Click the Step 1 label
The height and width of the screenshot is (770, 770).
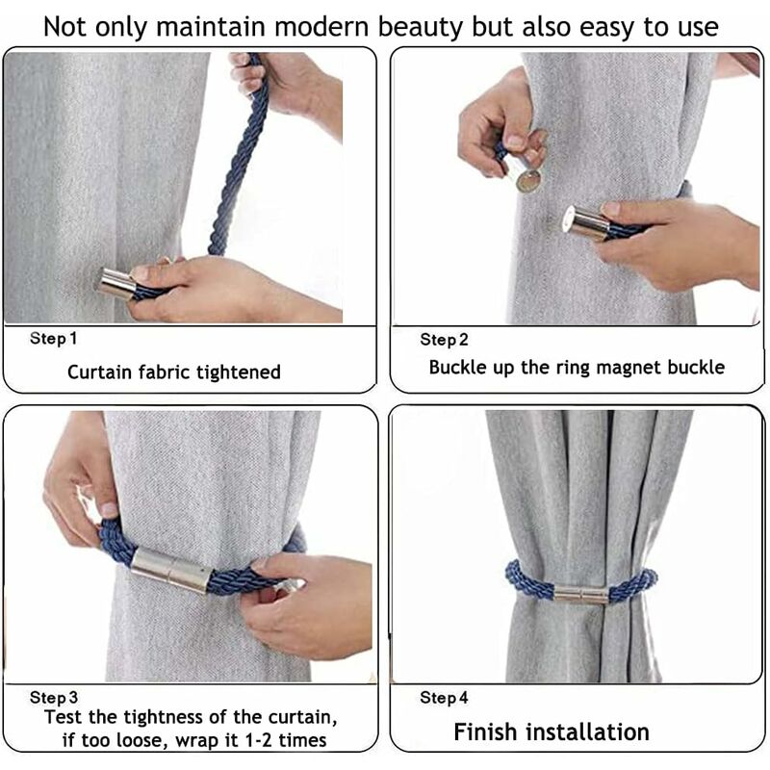pos(53,339)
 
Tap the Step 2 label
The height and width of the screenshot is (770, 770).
pos(444,340)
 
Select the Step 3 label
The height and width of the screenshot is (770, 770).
pos(54,697)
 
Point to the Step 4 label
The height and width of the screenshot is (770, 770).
pos(444,697)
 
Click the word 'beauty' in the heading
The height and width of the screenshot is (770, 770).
pos(420,28)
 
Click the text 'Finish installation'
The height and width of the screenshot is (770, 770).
pos(552,731)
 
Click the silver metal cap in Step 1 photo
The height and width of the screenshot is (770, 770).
pos(115,283)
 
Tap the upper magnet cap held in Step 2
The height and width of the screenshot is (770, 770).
pos(526,170)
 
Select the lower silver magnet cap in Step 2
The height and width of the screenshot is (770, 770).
pos(587,223)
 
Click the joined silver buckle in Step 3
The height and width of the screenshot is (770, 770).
pos(172,570)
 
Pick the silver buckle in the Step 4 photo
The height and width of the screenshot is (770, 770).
pos(581,594)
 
